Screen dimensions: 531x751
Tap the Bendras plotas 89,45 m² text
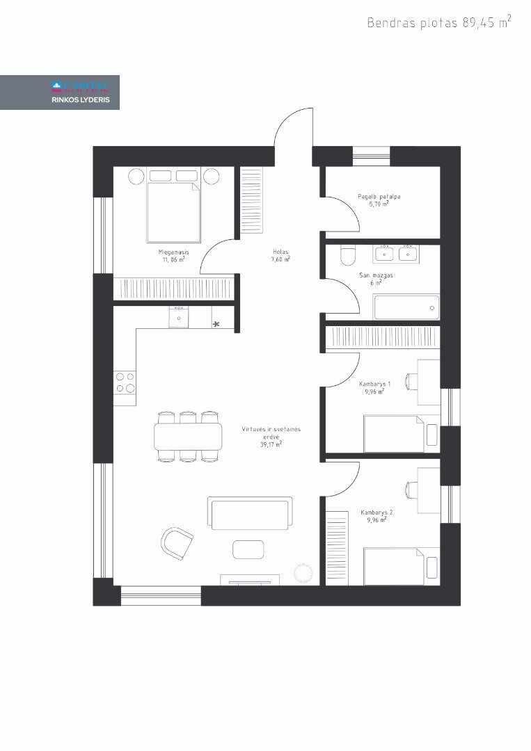[439, 22]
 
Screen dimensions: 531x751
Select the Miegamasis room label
[173, 252]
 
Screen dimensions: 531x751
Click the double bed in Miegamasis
[173, 211]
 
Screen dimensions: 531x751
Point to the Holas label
[280, 252]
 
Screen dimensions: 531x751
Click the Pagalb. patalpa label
[379, 196]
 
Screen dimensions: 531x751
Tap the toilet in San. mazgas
[347, 255]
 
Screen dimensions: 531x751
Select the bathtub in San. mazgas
[406, 307]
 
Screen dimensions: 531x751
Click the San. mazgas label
[377, 275]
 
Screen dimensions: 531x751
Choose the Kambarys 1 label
[375, 384]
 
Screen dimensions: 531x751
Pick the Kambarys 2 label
[377, 512]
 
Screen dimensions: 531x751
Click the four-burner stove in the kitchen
[125, 382]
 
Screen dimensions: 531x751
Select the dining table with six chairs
[189, 436]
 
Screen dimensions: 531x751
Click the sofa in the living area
[250, 513]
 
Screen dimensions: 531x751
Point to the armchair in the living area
[176, 543]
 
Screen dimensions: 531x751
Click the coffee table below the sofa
[248, 549]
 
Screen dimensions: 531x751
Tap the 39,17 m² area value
[271, 444]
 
